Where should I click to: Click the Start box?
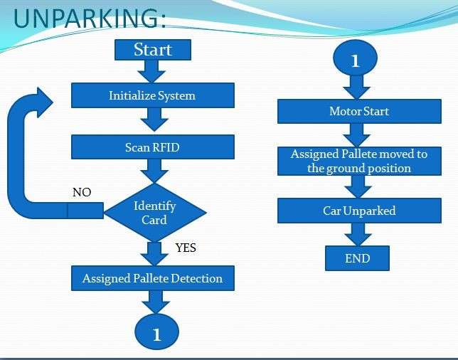pyautogui.click(x=153, y=50)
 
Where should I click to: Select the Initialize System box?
pyautogui.click(x=152, y=95)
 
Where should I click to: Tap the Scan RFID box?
pyautogui.click(x=152, y=148)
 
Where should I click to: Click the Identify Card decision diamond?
pyautogui.click(x=154, y=212)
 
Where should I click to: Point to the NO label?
pyautogui.click(x=82, y=193)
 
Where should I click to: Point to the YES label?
pyautogui.click(x=186, y=248)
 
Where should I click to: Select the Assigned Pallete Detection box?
pyautogui.click(x=152, y=278)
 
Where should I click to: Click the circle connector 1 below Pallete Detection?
pyautogui.click(x=157, y=332)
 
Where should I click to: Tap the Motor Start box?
pyautogui.click(x=359, y=112)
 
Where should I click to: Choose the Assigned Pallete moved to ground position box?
pyautogui.click(x=359, y=162)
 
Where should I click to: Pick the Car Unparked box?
pyautogui.click(x=359, y=211)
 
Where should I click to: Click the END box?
pyautogui.click(x=357, y=258)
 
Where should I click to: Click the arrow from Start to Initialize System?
pyautogui.click(x=152, y=71)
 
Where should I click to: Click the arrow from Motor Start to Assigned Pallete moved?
pyautogui.click(x=356, y=135)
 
